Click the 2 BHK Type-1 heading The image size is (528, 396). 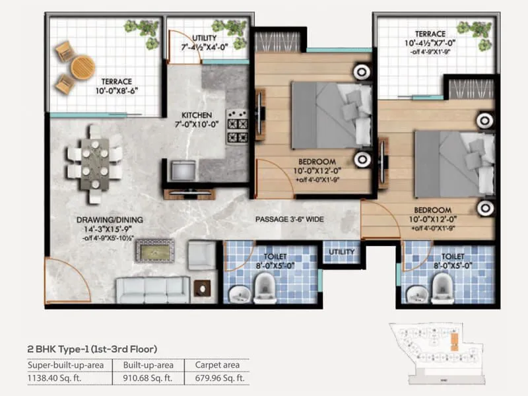(92, 348)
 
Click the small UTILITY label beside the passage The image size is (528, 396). (341, 252)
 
